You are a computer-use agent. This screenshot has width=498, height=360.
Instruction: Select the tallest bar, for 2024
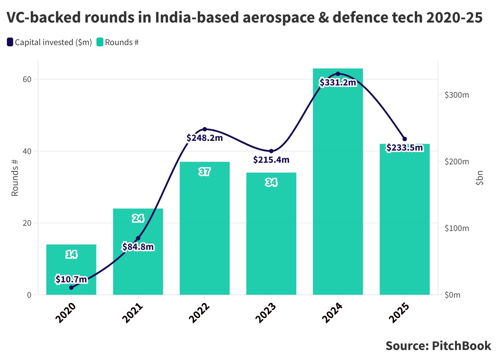338,188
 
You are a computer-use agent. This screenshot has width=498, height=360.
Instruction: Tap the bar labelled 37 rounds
205,232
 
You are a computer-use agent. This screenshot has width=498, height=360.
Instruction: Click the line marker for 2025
404,139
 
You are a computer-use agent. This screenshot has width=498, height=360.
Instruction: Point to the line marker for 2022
205,129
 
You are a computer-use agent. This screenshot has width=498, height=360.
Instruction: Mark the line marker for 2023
271,151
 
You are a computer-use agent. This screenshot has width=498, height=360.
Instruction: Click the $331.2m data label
338,82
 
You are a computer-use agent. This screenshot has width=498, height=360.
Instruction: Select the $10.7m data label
71,279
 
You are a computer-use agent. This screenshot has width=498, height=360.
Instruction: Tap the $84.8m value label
138,247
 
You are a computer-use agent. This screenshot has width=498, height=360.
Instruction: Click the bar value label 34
271,182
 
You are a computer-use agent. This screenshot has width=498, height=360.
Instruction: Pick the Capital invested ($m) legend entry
49,42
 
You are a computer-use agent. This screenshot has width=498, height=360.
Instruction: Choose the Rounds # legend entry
118,42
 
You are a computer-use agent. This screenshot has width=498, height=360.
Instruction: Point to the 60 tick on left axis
27,79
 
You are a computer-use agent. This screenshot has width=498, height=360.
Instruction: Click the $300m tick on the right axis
457,95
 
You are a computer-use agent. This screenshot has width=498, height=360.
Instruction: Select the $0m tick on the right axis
452,295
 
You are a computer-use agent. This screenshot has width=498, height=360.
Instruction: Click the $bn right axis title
479,178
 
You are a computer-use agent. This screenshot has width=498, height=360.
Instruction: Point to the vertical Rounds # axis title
15,178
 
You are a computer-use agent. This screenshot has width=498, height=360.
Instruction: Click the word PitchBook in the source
461,346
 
